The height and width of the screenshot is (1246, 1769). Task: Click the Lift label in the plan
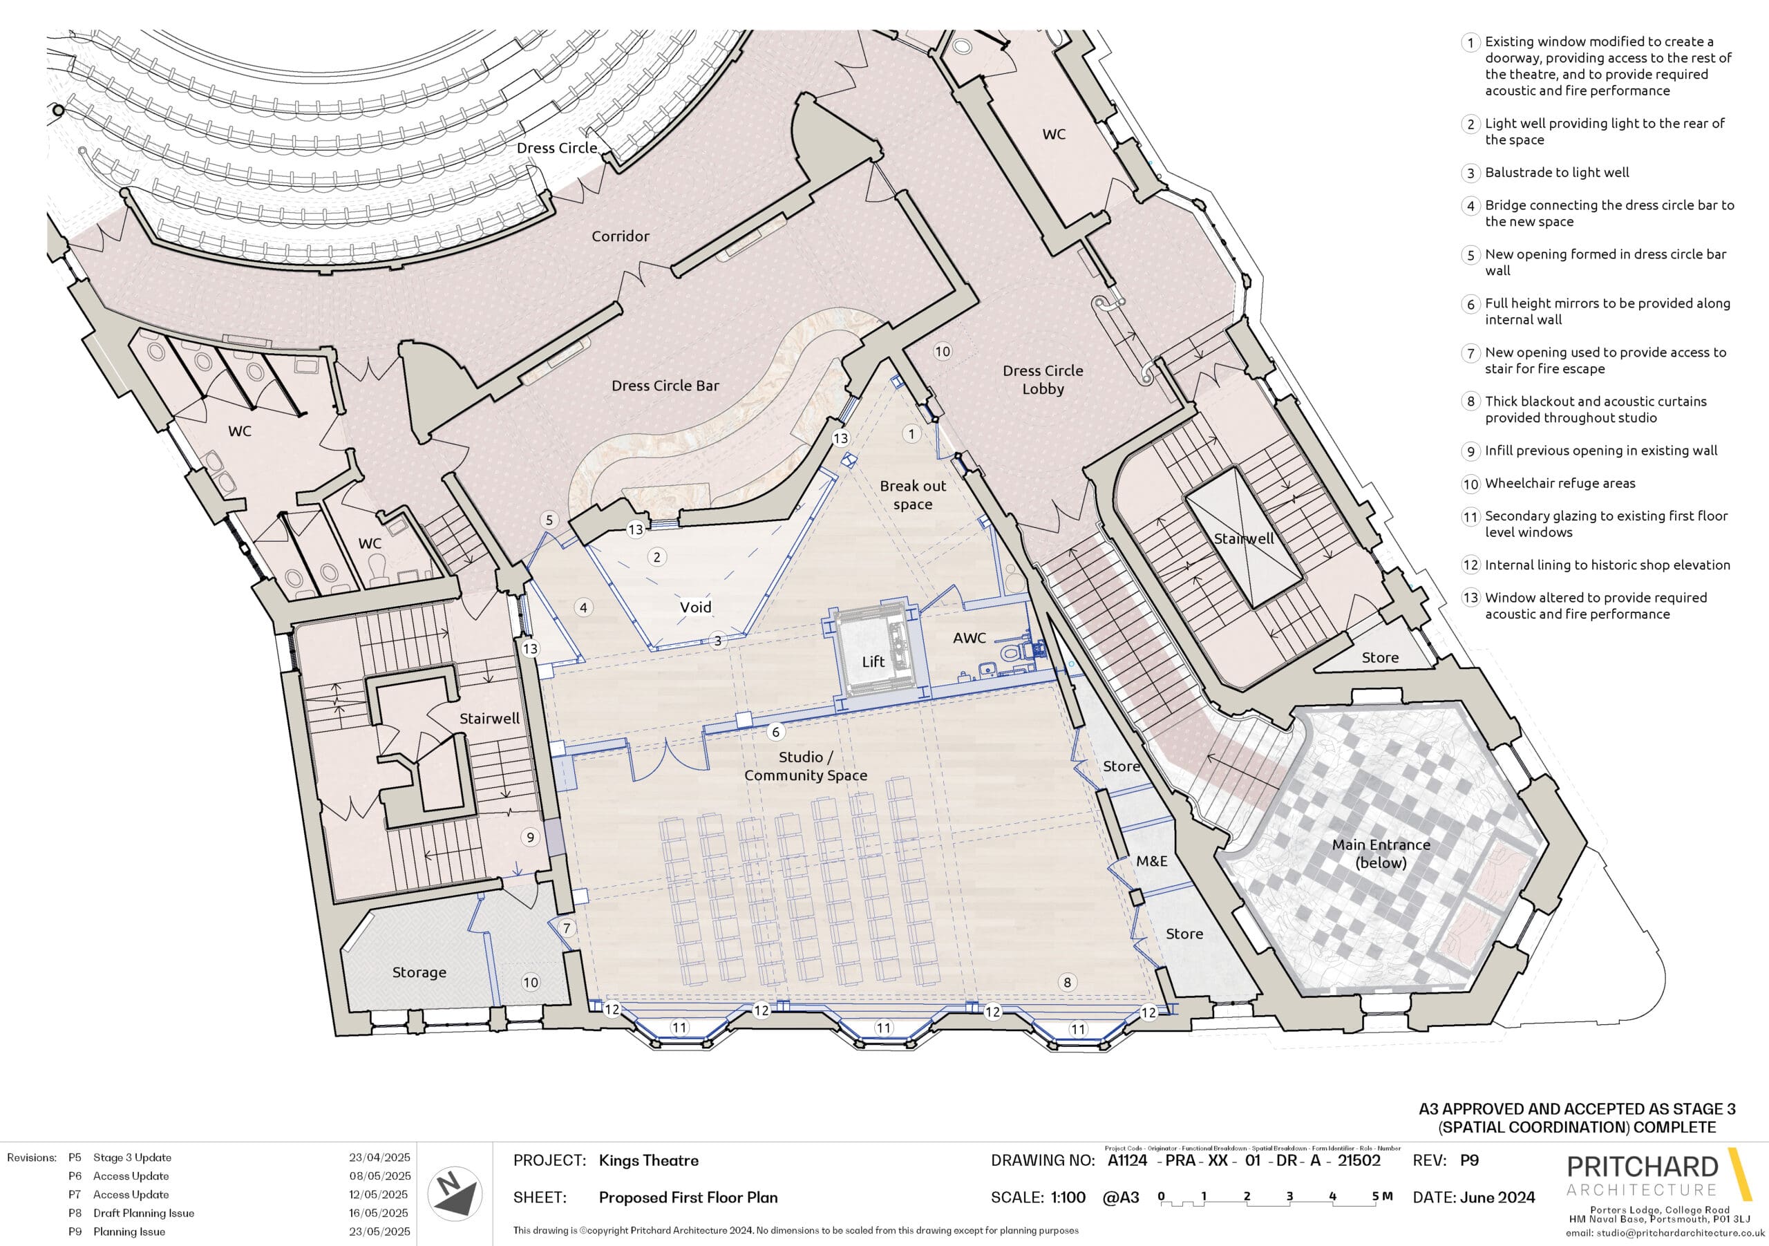click(x=873, y=661)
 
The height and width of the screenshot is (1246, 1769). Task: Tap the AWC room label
click(x=969, y=638)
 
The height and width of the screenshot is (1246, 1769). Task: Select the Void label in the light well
click(x=696, y=607)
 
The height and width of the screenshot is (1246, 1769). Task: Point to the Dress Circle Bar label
click(x=665, y=386)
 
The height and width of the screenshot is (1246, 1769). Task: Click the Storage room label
click(x=419, y=972)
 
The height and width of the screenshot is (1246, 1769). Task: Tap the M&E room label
click(x=1152, y=860)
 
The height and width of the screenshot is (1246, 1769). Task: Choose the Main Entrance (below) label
click(x=1381, y=853)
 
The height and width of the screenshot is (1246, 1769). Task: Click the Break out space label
click(x=913, y=495)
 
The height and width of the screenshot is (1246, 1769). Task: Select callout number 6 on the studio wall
click(x=776, y=732)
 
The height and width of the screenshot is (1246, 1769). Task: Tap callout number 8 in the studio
click(x=1067, y=982)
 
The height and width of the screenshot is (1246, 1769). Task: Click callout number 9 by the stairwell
click(x=530, y=837)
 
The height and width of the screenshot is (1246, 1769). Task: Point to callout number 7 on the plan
click(x=567, y=927)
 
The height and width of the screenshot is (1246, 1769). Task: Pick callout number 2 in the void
click(x=656, y=556)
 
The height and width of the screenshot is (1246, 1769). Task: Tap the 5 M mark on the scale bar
click(x=1382, y=1197)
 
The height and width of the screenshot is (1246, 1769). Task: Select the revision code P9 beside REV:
click(x=1469, y=1160)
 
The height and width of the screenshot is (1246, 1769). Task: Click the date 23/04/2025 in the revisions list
click(x=380, y=1158)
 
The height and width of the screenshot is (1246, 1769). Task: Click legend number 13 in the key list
click(x=1471, y=598)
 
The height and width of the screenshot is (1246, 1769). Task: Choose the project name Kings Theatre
click(x=649, y=1160)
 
